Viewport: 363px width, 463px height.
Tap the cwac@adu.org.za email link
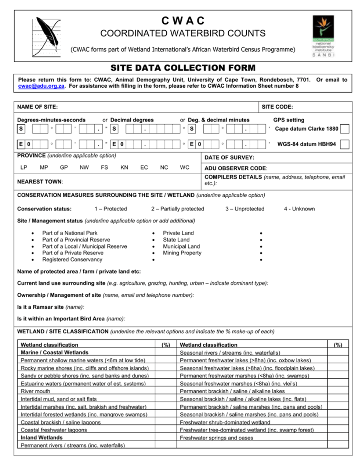pos(42,86)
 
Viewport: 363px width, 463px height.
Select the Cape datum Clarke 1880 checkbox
pos(345,129)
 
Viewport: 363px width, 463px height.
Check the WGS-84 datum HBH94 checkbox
pos(345,144)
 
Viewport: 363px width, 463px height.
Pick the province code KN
pos(124,167)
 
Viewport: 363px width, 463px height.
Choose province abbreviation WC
pos(184,167)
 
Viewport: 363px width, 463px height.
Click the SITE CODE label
pos(277,107)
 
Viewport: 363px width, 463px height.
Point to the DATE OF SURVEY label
pos(229,158)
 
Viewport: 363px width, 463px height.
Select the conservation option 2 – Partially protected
pos(177,209)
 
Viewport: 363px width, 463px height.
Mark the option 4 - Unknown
pos(299,209)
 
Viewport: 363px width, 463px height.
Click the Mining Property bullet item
pos(182,253)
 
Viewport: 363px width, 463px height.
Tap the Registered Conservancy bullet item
pos(72,260)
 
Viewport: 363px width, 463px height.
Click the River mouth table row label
pos(36,391)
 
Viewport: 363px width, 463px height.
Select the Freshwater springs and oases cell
pos(216,438)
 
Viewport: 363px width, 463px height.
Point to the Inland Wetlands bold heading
pos(42,438)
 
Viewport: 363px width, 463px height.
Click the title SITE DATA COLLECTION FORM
pos(183,68)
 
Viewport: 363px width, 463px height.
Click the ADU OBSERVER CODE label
pos(236,168)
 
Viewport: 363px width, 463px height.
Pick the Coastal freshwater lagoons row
pos(54,430)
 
